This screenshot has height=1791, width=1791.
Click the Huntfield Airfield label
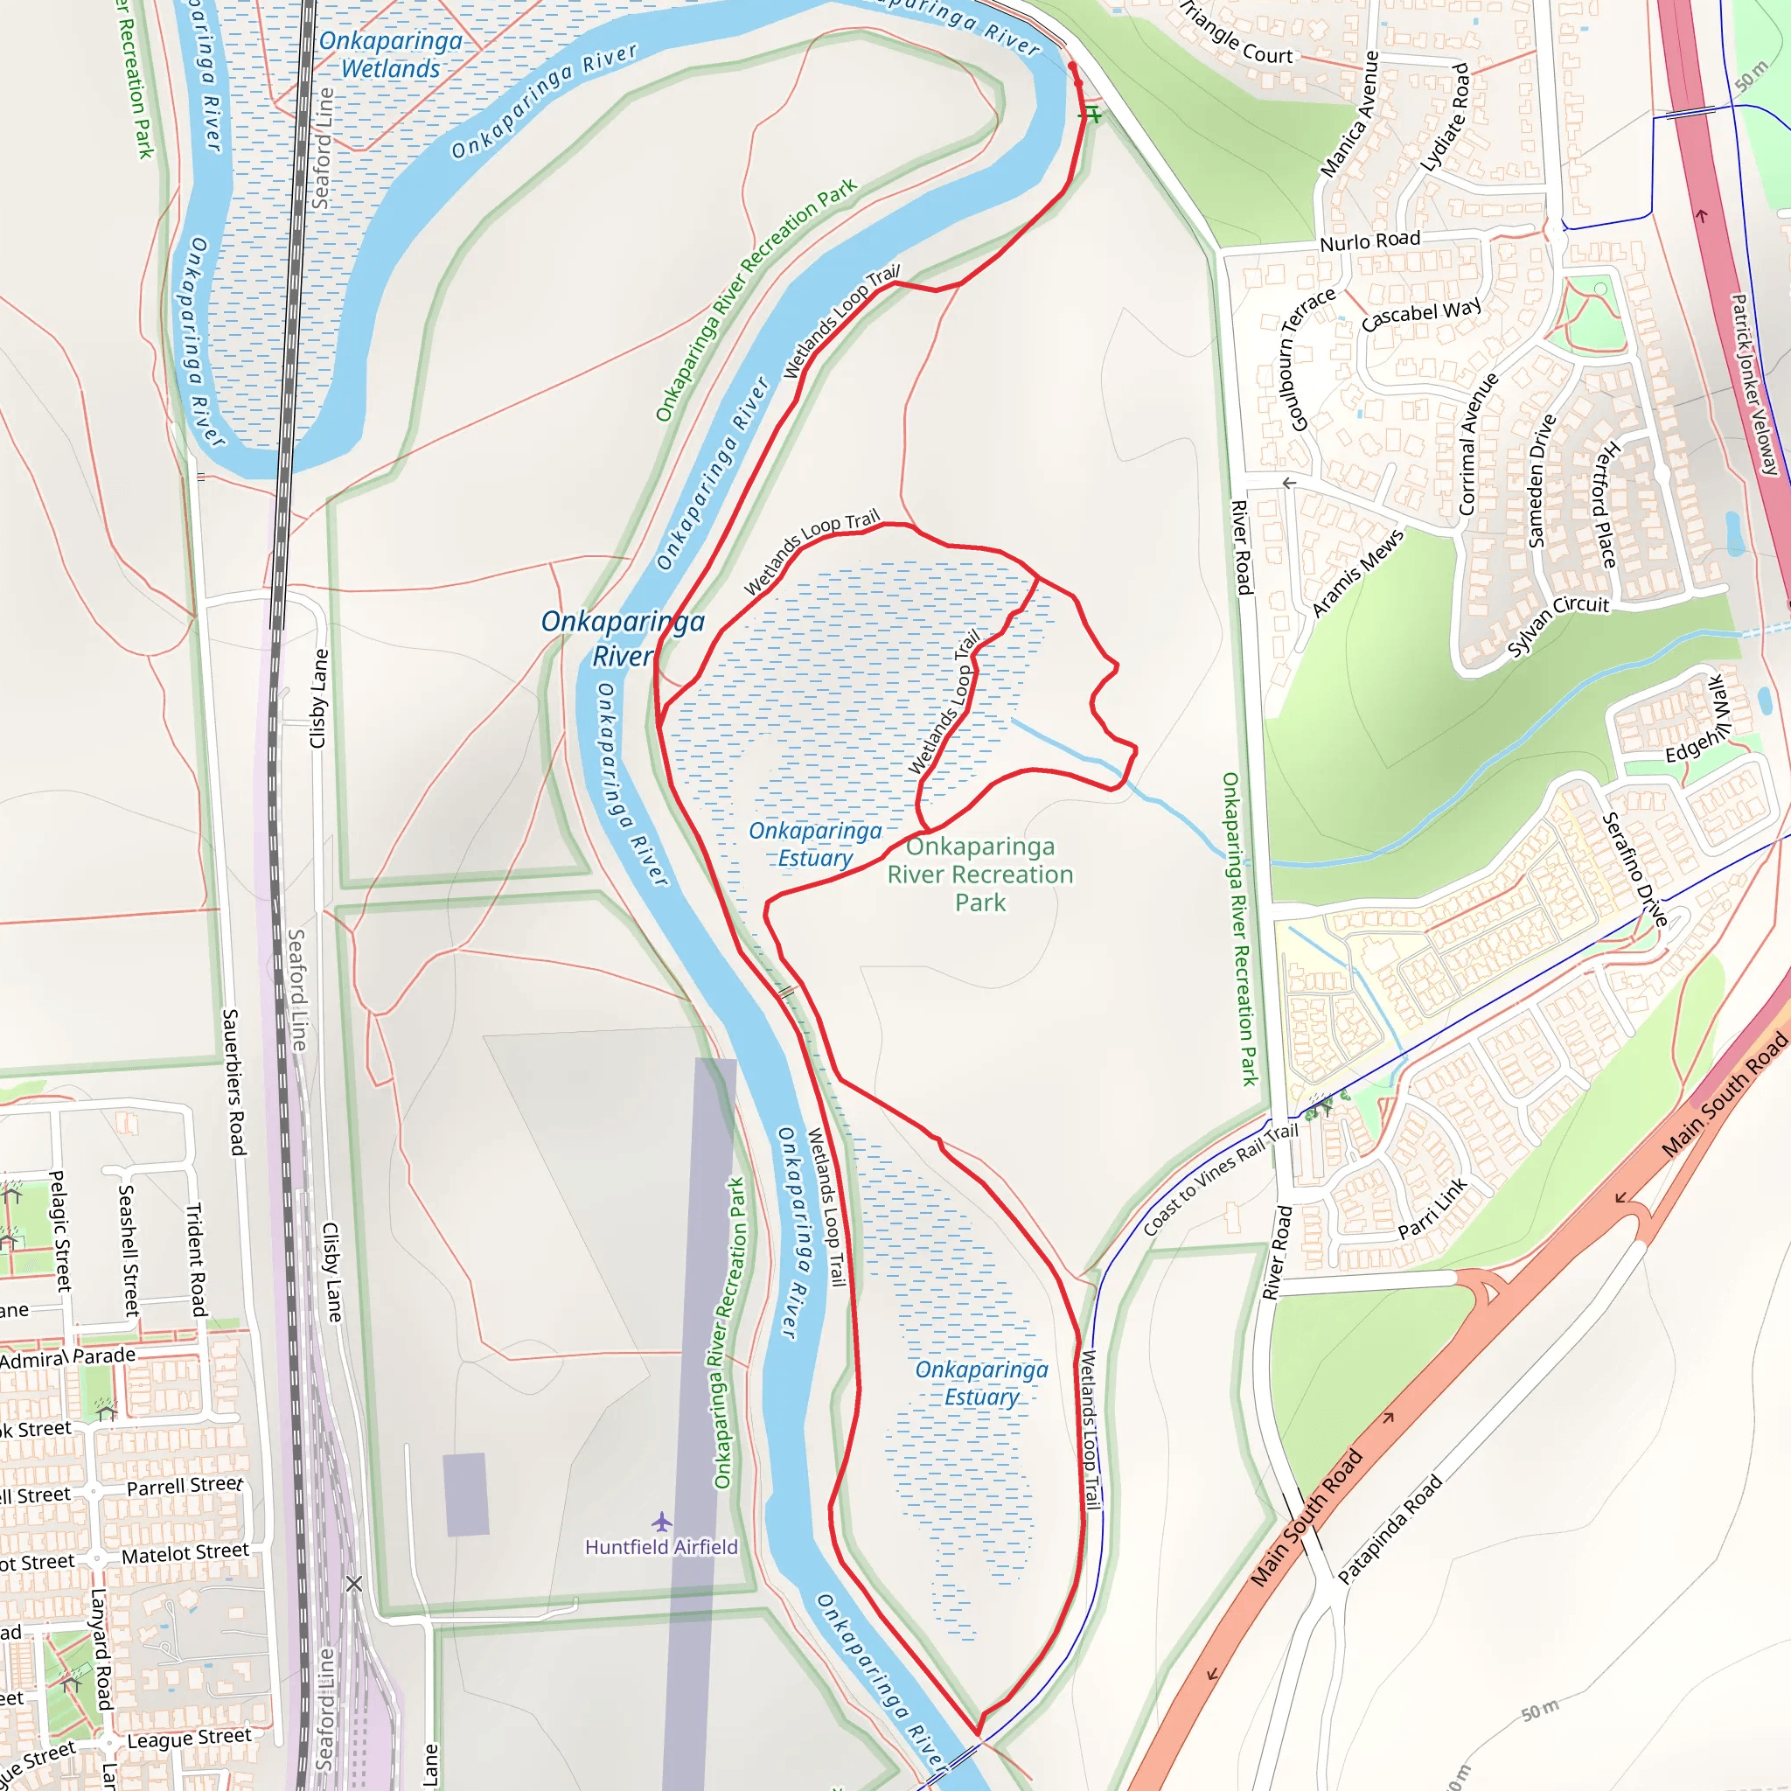tap(661, 1547)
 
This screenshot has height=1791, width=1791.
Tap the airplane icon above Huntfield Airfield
tap(661, 1522)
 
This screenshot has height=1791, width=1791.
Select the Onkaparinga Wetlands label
tap(390, 55)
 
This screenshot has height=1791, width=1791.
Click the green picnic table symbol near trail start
tap(1092, 115)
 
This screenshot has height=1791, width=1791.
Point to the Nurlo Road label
tap(1369, 241)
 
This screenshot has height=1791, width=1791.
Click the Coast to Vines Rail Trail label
tap(1220, 1178)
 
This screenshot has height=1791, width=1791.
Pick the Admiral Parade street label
tap(67, 1358)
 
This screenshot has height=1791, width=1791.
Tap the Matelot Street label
tap(185, 1554)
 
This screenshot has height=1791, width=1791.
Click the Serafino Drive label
tap(1635, 868)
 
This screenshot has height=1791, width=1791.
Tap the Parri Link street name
tap(1433, 1208)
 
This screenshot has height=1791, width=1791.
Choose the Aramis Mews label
tap(1357, 572)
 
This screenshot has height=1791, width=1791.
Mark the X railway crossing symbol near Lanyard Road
tap(354, 1584)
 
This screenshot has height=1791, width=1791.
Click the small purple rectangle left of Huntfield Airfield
tap(465, 1494)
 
